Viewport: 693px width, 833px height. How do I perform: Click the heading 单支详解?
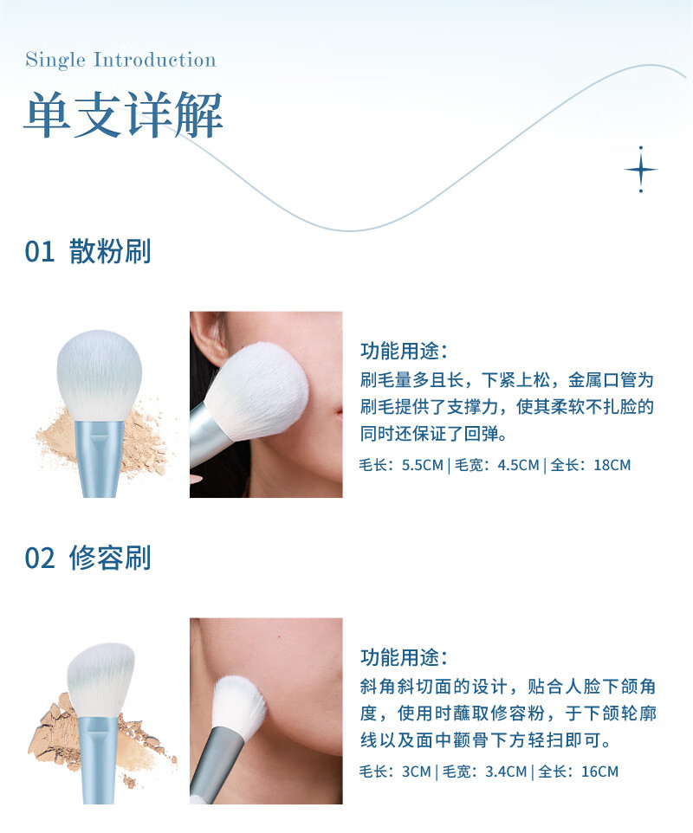click(x=123, y=114)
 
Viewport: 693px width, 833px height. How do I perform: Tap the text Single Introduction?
click(x=120, y=60)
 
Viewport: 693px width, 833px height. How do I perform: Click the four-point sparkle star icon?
click(x=640, y=170)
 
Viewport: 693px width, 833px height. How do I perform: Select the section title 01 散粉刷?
click(x=88, y=251)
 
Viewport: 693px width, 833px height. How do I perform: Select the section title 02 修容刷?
click(x=88, y=558)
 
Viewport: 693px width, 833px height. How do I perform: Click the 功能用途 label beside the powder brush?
click(x=404, y=351)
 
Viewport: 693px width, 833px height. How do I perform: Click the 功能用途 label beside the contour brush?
click(x=404, y=657)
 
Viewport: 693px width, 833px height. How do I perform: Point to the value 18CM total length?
click(x=612, y=465)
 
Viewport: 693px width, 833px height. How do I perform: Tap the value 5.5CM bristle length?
click(x=423, y=465)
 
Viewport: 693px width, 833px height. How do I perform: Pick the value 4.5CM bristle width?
click(x=518, y=465)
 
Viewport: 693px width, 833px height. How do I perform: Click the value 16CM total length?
click(x=600, y=772)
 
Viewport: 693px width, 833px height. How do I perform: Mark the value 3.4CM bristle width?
click(x=506, y=772)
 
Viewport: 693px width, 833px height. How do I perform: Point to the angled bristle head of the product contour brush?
click(x=101, y=681)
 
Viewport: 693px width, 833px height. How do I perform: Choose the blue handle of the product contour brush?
click(x=100, y=759)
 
